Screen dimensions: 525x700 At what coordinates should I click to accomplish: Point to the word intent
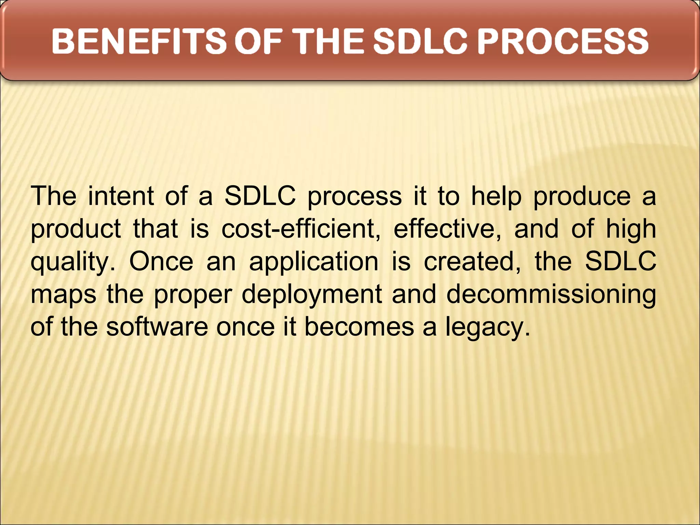pyautogui.click(x=121, y=196)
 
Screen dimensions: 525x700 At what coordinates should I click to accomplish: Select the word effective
pyautogui.click(x=447, y=229)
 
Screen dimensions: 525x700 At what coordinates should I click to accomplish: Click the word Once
pyautogui.click(x=161, y=261)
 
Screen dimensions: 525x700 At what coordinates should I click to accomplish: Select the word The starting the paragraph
pyautogui.click(x=53, y=196)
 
